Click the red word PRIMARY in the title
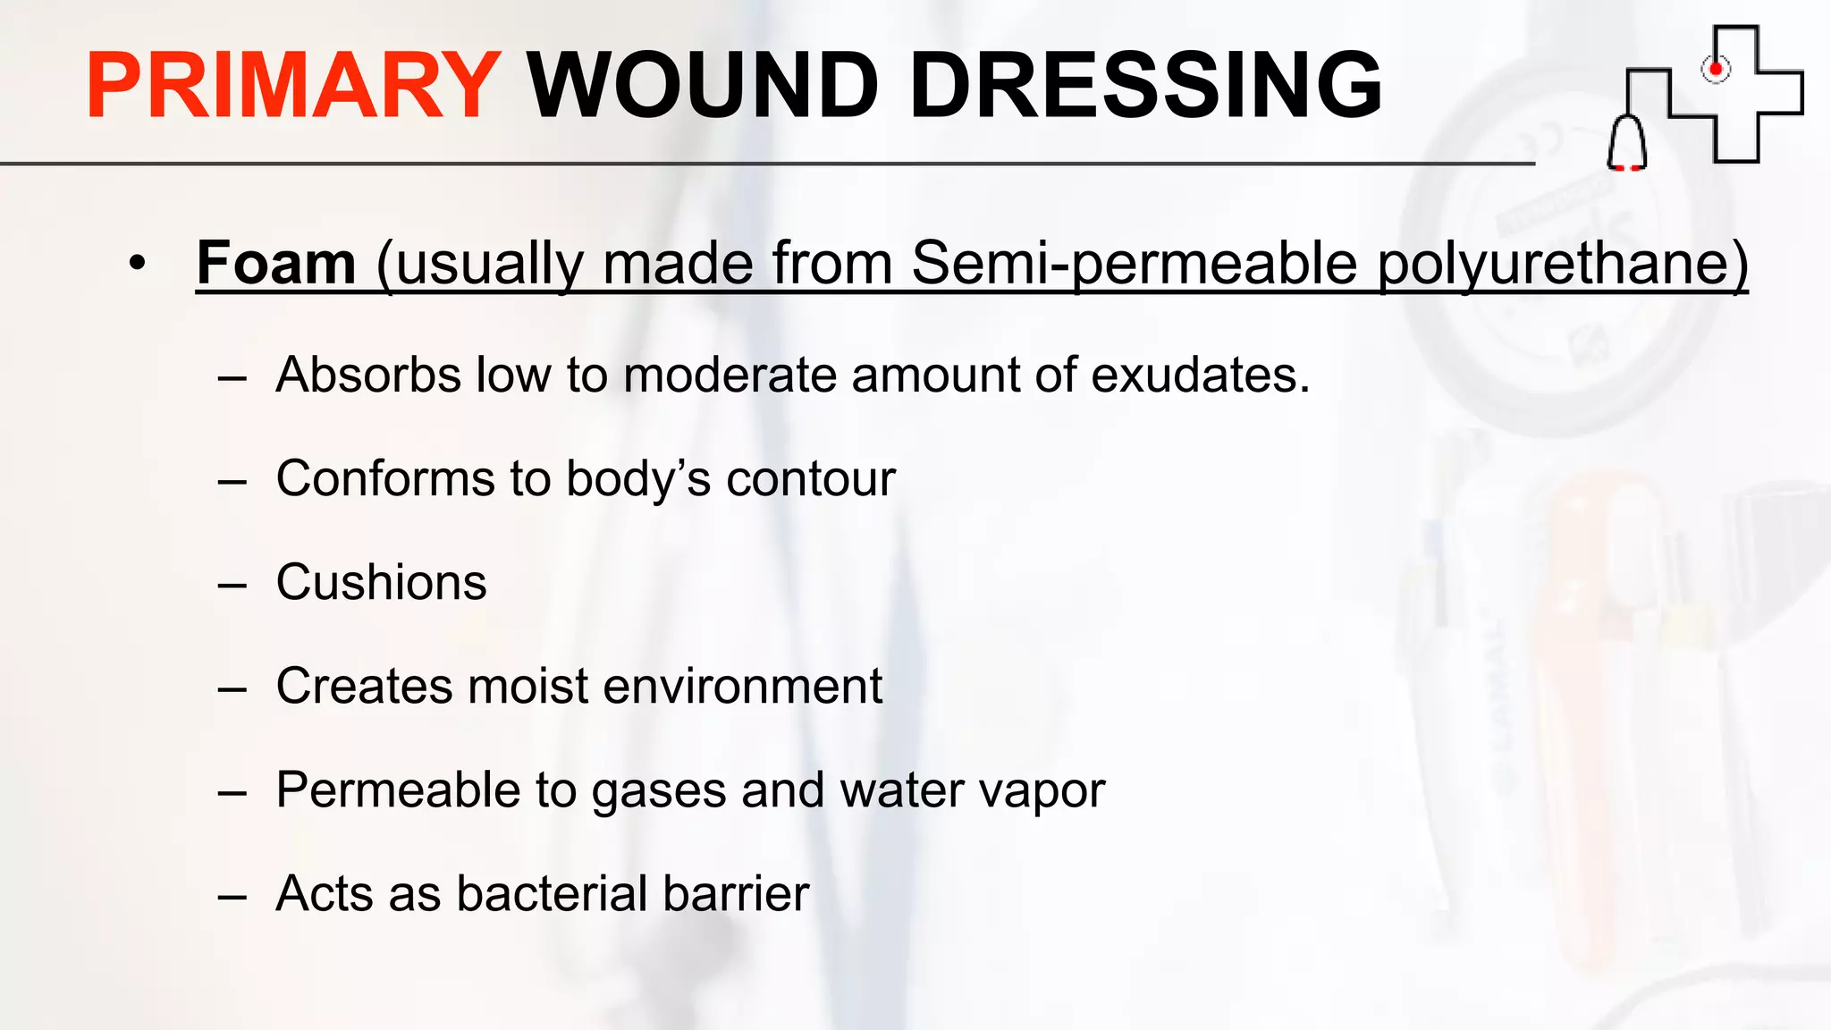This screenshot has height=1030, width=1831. (292, 86)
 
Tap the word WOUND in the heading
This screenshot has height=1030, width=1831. (703, 86)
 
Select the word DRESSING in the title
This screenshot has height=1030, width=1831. (1145, 86)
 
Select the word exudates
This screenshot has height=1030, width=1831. (1201, 375)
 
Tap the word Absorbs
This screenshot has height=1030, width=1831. (368, 375)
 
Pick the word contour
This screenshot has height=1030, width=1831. (810, 479)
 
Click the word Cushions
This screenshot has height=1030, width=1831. (381, 582)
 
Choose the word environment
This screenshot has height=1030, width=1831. (743, 687)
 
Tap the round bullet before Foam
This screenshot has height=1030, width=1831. (136, 264)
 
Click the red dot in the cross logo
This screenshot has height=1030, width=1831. (1716, 68)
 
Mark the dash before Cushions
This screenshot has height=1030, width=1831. (232, 586)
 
